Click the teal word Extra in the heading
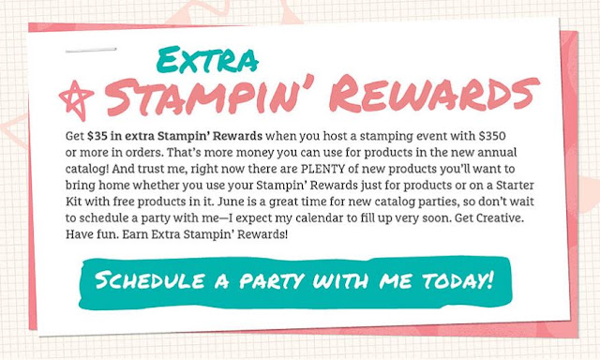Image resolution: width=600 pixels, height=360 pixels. click(x=207, y=60)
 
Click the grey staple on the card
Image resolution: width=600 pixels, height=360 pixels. click(x=91, y=50)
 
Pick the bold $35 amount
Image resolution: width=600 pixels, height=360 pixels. click(x=97, y=136)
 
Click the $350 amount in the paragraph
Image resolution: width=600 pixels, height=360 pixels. click(x=492, y=136)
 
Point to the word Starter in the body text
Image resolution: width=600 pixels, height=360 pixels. click(x=515, y=186)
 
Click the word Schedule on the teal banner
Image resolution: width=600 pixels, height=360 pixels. click(x=150, y=280)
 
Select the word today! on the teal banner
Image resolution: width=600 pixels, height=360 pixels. click(x=457, y=280)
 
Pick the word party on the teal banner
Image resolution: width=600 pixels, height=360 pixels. click(x=272, y=281)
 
